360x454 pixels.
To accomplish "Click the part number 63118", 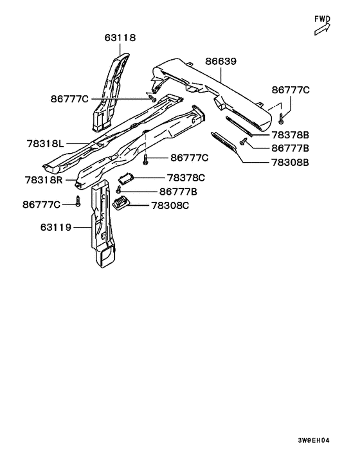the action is (120, 38).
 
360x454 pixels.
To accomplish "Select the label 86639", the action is (221, 61).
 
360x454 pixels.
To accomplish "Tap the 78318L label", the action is (46, 143).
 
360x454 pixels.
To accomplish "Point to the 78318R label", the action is (44, 180).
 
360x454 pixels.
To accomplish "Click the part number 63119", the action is (56, 227).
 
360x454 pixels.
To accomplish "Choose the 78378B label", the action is (291, 135).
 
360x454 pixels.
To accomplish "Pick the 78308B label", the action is (291, 163).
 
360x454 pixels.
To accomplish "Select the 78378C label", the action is (186, 177).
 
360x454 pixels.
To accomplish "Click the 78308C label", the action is (170, 206).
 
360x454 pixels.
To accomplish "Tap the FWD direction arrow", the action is (322, 30).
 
